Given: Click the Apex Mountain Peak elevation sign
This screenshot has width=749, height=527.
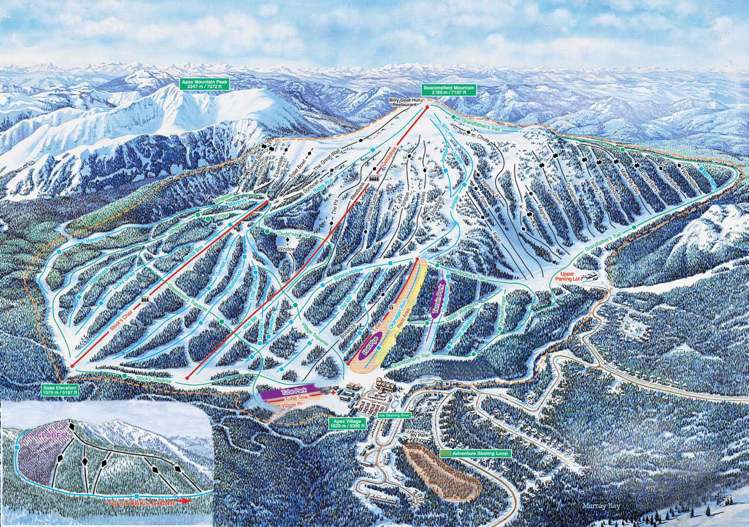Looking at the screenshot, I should tap(205, 84).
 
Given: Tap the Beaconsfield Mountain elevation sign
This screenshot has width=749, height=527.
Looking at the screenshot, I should tap(449, 90).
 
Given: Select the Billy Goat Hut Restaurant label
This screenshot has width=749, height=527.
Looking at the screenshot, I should tap(407, 103).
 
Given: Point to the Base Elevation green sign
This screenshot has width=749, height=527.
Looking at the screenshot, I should tap(60, 391).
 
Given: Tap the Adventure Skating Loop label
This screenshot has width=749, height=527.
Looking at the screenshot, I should tap(475, 453).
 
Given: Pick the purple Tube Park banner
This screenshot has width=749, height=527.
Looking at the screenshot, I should tap(290, 392).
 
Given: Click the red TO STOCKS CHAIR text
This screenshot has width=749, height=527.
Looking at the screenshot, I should tap(146, 502).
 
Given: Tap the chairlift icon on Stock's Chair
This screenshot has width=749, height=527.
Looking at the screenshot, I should tap(144, 299).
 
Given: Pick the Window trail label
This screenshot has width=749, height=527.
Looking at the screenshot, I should tap(286, 249).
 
